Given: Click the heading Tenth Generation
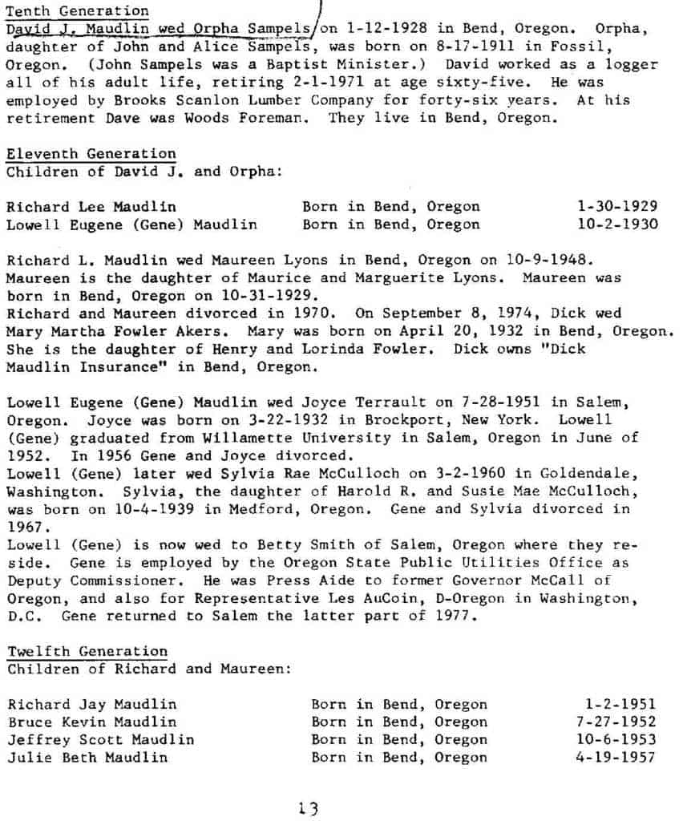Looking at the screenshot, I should (77, 11).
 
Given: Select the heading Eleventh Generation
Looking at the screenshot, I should (91, 153).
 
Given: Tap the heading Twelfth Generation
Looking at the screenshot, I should (87, 651).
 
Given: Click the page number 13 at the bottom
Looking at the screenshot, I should (307, 808).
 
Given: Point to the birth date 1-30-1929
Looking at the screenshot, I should (617, 207).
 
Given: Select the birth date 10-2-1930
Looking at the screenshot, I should (617, 224).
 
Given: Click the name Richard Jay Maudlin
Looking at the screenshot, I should (92, 704).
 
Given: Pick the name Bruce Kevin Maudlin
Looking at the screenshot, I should (92, 722).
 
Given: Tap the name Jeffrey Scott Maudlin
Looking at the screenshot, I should (101, 739).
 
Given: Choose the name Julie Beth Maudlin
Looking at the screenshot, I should (88, 757).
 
